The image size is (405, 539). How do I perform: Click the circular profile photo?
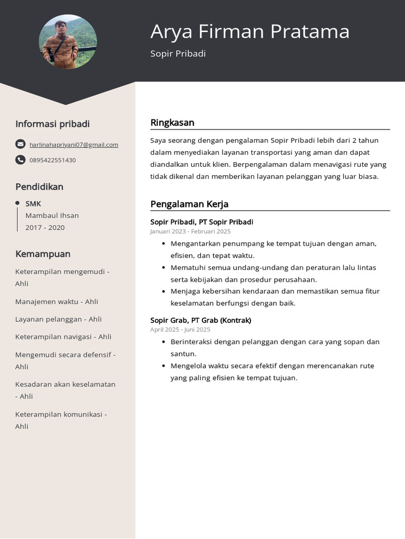pyautogui.click(x=67, y=42)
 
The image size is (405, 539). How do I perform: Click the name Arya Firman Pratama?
pyautogui.click(x=249, y=32)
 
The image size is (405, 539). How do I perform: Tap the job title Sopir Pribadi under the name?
pyautogui.click(x=178, y=54)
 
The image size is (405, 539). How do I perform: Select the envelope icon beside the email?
pyautogui.click(x=20, y=144)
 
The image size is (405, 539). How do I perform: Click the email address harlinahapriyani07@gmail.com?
pyautogui.click(x=74, y=145)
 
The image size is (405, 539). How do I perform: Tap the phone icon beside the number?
pyautogui.click(x=20, y=159)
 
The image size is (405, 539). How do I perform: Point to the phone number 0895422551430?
pyautogui.click(x=53, y=160)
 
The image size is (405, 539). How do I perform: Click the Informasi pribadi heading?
pyautogui.click(x=52, y=124)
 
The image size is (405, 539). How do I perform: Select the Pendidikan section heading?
pyautogui.click(x=39, y=187)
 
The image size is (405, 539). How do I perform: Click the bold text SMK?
pyautogui.click(x=33, y=204)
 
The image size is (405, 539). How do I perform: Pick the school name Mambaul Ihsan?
pyautogui.click(x=52, y=215)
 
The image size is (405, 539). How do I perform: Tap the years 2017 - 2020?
pyautogui.click(x=45, y=227)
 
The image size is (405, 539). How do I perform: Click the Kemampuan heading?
pyautogui.click(x=43, y=254)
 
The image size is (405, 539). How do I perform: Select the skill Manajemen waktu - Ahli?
pyautogui.click(x=56, y=302)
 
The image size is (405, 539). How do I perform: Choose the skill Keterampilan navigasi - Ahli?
pyautogui.click(x=63, y=337)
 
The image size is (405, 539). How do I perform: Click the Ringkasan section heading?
pyautogui.click(x=172, y=123)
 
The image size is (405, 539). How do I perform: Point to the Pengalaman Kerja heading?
pyautogui.click(x=189, y=204)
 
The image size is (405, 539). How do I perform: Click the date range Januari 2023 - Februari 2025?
pyautogui.click(x=190, y=231)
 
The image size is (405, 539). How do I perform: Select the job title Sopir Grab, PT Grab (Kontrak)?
pyautogui.click(x=200, y=320)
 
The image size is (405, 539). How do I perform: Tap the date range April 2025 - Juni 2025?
pyautogui.click(x=180, y=330)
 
